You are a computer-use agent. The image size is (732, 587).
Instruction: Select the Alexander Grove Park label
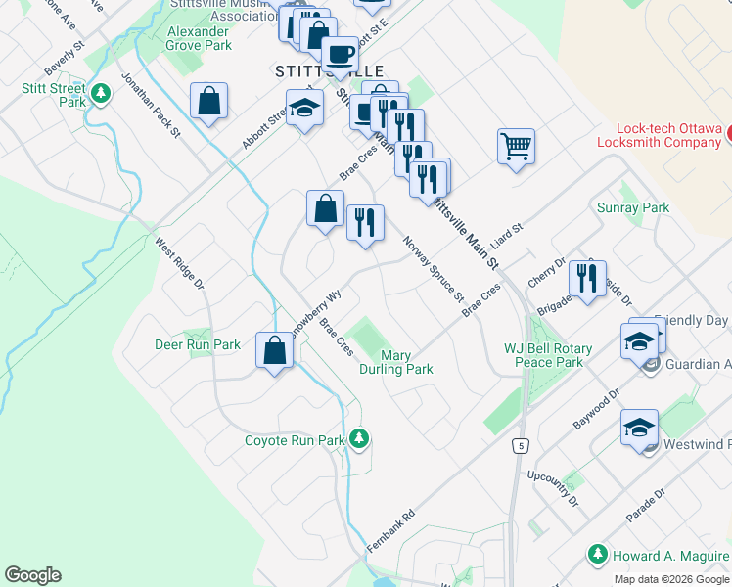[199, 38]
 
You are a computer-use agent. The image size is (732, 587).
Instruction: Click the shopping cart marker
[516, 148]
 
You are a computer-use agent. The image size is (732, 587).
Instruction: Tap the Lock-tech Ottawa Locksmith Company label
[669, 135]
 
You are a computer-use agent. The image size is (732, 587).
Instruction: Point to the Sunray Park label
[632, 207]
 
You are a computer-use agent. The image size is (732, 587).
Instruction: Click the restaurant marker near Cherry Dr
[587, 279]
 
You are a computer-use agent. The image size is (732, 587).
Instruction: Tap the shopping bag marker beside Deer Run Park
[275, 351]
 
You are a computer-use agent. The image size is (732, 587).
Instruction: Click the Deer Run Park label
[198, 344]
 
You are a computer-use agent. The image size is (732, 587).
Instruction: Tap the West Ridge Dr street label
[180, 263]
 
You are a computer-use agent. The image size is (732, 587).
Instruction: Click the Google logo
[32, 575]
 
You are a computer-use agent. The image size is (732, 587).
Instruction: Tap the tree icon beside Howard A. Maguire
[596, 555]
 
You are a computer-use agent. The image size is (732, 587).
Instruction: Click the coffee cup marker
[340, 55]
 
